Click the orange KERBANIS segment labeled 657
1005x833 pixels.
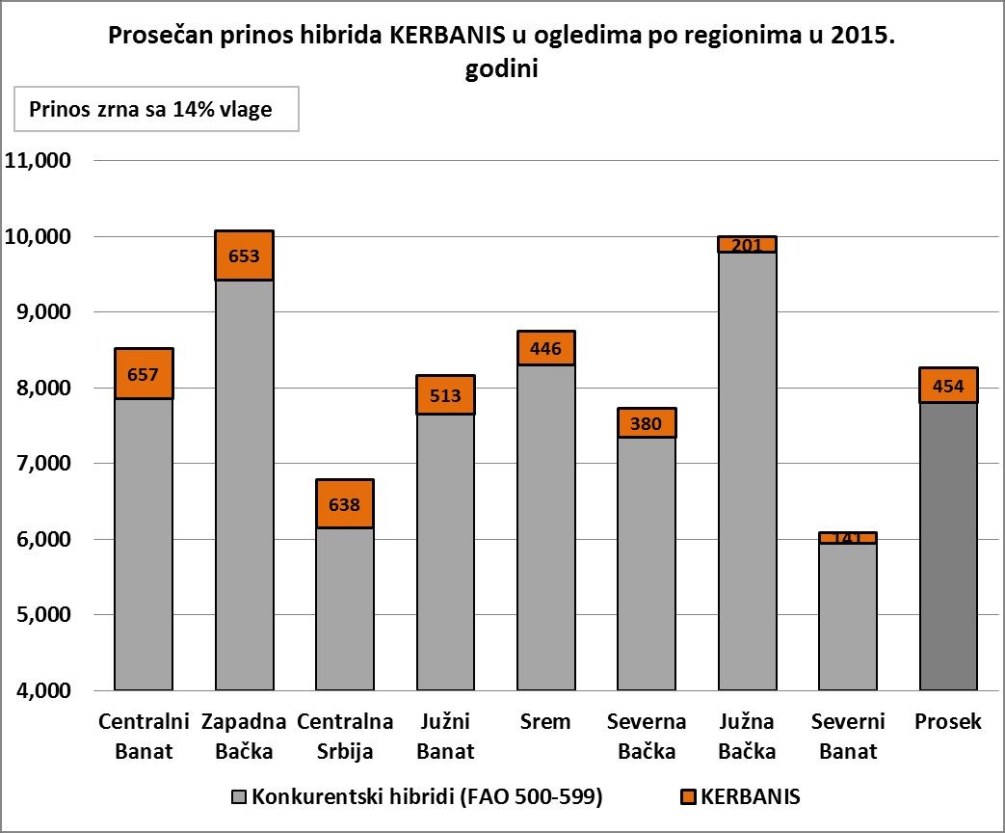click(x=144, y=373)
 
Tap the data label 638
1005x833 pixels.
click(x=345, y=504)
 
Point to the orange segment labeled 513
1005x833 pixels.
click(x=445, y=394)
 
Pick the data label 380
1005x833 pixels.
click(x=647, y=423)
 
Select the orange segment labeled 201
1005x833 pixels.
click(x=747, y=244)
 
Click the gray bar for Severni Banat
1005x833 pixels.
click(x=848, y=617)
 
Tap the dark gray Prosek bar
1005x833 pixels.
click(x=948, y=546)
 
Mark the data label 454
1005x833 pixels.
click(x=948, y=386)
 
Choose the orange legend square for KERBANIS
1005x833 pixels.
click(x=687, y=797)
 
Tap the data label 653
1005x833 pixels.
click(x=244, y=256)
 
